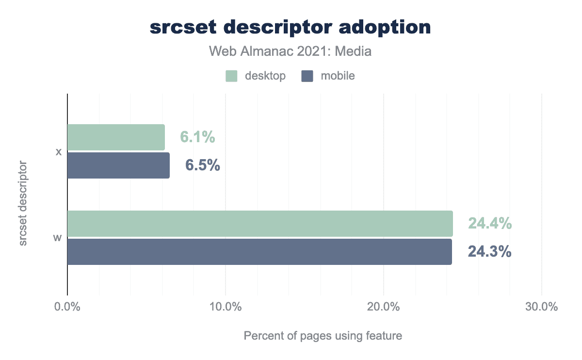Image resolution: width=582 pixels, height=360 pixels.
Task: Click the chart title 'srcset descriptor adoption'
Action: [290, 27]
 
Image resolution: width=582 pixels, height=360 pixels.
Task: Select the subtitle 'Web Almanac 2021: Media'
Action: [290, 51]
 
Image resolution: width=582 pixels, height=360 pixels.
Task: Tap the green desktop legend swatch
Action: [231, 76]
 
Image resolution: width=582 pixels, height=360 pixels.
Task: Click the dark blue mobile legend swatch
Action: [307, 76]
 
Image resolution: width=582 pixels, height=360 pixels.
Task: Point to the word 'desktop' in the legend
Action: [265, 76]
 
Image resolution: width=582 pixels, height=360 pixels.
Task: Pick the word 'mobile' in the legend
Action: [338, 76]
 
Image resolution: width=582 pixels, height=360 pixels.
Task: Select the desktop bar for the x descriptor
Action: [116, 137]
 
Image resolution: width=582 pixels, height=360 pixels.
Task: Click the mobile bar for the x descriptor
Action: [118, 165]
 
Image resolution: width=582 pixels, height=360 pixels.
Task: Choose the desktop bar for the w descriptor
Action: [260, 224]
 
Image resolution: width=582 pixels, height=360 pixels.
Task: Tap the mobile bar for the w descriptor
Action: [259, 252]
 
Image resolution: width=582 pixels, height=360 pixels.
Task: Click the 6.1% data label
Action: [197, 137]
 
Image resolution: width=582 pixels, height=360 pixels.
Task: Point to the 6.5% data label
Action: [203, 165]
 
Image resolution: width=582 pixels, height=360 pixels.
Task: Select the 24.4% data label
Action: [489, 224]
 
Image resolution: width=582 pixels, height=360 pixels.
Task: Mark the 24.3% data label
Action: [489, 252]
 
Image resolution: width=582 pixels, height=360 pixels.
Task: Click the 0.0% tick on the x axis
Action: [67, 307]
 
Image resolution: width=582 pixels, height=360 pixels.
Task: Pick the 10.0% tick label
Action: [226, 307]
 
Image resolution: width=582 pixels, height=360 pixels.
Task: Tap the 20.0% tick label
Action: [384, 307]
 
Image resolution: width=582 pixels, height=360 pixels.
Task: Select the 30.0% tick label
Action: [542, 307]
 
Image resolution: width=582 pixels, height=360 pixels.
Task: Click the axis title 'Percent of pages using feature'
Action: [323, 336]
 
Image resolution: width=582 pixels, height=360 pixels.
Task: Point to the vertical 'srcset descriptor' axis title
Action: [23, 206]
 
